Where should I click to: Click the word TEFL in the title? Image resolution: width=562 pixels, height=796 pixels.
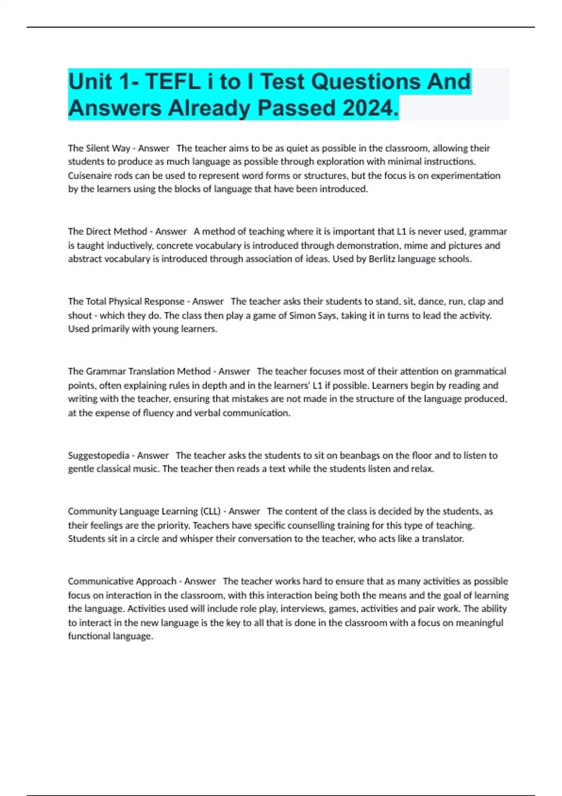[172, 82]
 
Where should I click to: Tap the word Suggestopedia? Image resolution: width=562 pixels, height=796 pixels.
[98, 455]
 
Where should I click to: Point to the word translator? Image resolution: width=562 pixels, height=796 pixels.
[443, 539]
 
